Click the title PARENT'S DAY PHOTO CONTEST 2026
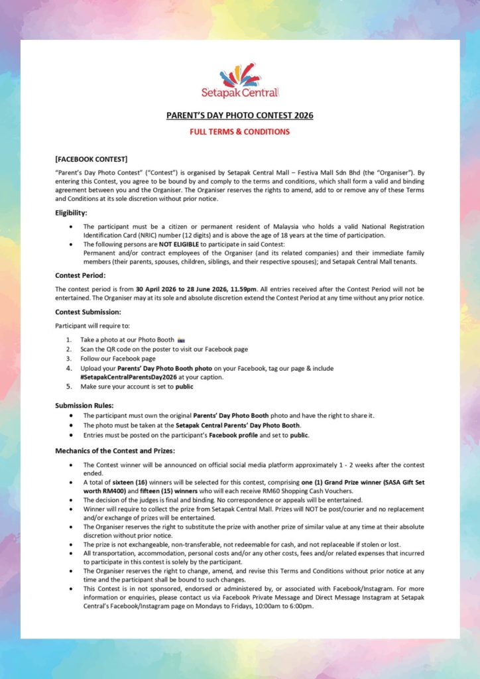coord(240,115)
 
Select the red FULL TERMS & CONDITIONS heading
coord(240,131)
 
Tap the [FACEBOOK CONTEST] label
coord(91,159)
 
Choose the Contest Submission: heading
coord(88,312)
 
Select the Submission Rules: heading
coord(84,405)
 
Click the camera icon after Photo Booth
coord(182,339)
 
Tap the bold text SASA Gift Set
coord(402,482)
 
